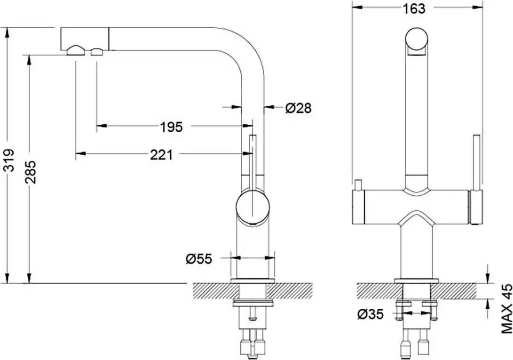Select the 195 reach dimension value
[171, 127]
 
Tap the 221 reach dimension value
[161, 154]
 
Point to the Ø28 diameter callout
[298, 108]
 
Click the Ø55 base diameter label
[198, 258]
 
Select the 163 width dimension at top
[414, 8]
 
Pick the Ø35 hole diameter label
[370, 313]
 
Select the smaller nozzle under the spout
[97, 52]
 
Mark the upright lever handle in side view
[253, 160]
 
